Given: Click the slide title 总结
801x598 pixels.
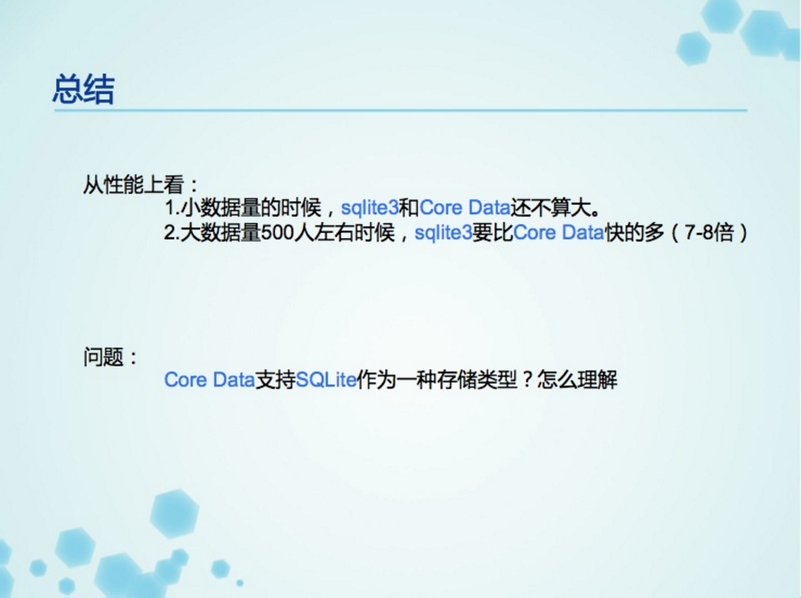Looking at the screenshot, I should pos(84,89).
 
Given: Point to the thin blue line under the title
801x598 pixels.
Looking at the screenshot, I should pos(400,110).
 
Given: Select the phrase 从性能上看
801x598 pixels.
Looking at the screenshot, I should pos(133,184).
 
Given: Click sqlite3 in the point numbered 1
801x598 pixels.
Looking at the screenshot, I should pos(369,208).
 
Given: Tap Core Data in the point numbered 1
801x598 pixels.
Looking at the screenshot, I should pos(464,208).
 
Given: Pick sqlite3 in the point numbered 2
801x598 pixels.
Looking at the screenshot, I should pos(443,233).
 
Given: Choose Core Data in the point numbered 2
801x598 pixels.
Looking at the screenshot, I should pos(558,233).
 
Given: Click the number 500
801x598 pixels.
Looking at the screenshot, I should pos(277,233).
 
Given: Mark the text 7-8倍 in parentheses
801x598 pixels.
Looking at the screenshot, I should pos(709,233).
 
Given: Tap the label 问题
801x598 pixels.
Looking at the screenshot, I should pos(104,357).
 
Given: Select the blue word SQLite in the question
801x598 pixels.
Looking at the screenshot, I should pos(326,380).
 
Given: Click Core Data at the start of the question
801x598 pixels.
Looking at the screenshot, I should pos(209,380).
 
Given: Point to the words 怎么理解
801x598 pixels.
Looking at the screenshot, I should pos(577,380).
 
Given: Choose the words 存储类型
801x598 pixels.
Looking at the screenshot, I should pos(477,380).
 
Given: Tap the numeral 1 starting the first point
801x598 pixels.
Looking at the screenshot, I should pos(169,208).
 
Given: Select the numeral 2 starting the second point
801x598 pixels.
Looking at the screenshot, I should pos(169,233).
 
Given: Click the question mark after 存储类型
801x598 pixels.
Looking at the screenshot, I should pos(527,380).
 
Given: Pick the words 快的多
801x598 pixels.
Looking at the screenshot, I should pos(634,233).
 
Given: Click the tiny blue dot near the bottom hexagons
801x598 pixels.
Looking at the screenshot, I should pos(240,583).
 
